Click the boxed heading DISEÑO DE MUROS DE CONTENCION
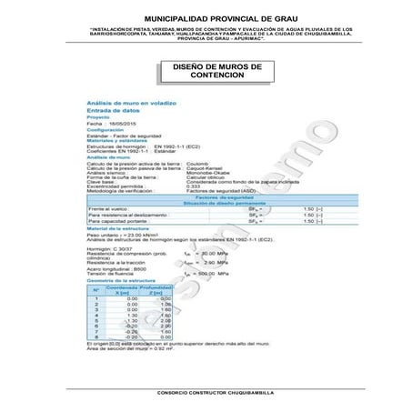[210, 72]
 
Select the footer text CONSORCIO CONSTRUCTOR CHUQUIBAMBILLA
[208, 392]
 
